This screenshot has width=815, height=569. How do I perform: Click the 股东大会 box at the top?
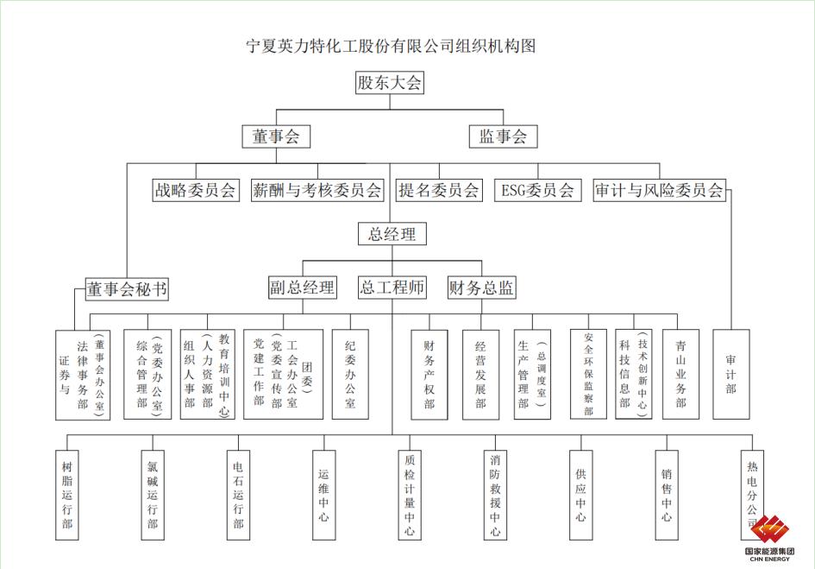(390, 82)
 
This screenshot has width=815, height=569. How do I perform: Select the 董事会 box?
(276, 136)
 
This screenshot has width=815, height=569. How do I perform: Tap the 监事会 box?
(503, 136)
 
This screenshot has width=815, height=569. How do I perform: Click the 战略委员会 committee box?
(196, 190)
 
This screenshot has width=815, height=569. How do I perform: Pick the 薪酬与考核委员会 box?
(317, 190)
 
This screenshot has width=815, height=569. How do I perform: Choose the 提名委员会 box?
(439, 190)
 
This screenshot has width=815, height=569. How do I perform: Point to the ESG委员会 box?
(538, 190)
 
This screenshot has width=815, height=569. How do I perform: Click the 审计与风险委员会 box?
(660, 190)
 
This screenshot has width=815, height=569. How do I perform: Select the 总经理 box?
(392, 234)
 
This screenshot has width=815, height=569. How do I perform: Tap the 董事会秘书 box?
(128, 289)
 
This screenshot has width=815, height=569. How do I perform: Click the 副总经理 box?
(303, 288)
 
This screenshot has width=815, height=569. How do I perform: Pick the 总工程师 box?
(392, 288)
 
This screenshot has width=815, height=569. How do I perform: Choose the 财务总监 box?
(482, 288)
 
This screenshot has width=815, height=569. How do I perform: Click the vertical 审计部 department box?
(731, 375)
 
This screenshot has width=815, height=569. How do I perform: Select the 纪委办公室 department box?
(350, 375)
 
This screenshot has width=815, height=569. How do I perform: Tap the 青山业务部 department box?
(681, 375)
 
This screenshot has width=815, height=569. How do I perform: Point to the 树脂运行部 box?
(67, 495)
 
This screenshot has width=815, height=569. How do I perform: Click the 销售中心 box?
(667, 495)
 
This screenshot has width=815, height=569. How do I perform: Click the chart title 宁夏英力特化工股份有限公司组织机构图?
(391, 46)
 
